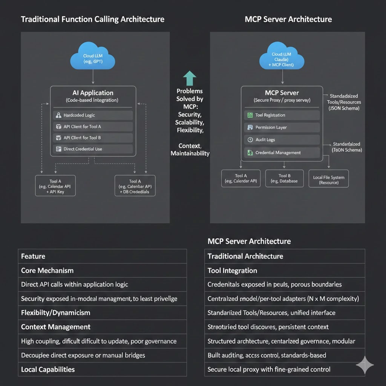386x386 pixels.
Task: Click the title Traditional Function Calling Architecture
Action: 92,19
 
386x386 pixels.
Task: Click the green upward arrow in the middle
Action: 190,78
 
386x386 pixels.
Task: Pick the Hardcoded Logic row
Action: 93,115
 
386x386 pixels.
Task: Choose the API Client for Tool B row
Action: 93,138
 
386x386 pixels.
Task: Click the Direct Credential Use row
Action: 93,149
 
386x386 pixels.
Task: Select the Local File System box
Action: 328,180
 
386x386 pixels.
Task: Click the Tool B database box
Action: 285,178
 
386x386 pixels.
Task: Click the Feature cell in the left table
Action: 102,256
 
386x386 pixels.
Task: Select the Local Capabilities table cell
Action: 102,369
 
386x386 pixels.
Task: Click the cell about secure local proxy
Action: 285,369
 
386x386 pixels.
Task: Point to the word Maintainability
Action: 190,153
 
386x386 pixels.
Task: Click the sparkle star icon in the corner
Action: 365,365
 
